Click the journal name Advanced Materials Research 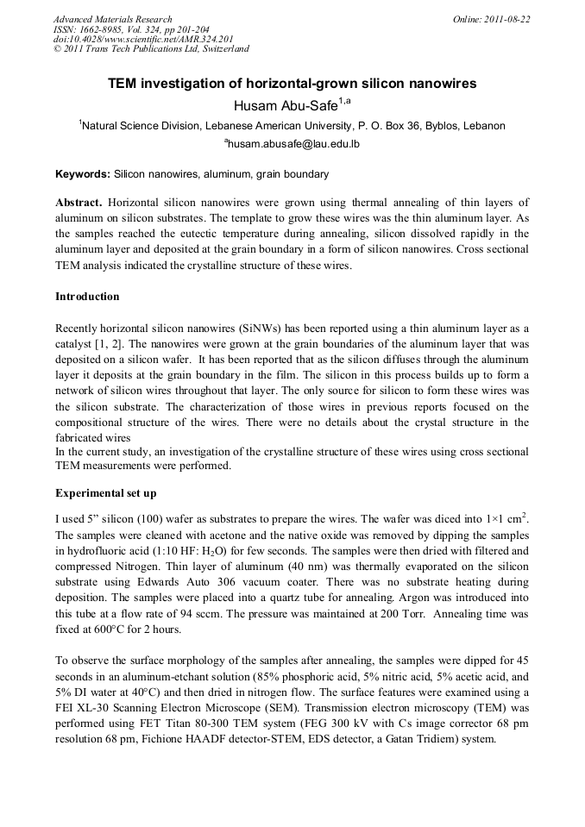click(x=113, y=19)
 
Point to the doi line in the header click(x=143, y=39)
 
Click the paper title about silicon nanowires click(x=292, y=84)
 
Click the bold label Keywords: click(x=83, y=174)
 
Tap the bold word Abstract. click(x=79, y=202)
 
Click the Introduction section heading click(x=87, y=297)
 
